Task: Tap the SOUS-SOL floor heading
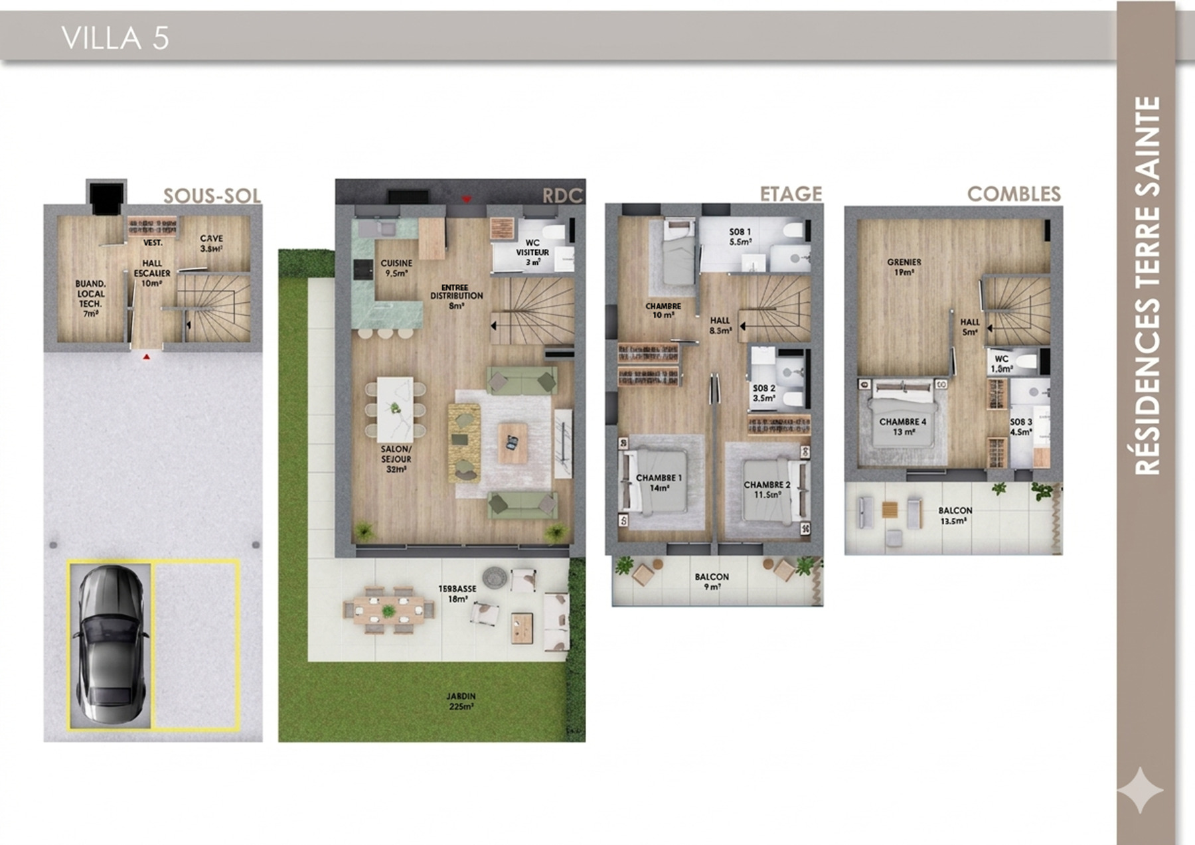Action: [212, 196]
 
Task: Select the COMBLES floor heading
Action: [1013, 194]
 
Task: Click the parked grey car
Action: [110, 644]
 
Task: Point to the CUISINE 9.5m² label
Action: [396, 268]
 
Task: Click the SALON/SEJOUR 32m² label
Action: [396, 459]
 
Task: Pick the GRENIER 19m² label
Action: [904, 267]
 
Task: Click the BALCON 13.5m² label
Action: [955, 516]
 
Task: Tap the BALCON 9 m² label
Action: [711, 581]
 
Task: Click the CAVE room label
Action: [211, 243]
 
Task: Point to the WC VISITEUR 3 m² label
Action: [532, 252]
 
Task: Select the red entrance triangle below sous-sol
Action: [146, 357]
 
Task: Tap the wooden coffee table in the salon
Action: [513, 443]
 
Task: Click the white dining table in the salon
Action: [395, 408]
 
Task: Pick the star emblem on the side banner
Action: [1140, 790]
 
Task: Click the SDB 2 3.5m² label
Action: [763, 393]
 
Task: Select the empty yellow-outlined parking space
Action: [195, 644]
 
